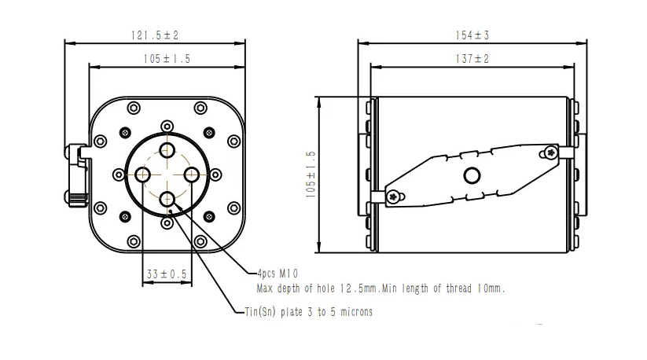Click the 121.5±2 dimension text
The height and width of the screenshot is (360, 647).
point(155,35)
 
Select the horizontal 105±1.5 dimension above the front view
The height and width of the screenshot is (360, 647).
point(167,59)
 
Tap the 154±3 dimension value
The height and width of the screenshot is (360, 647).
point(472,35)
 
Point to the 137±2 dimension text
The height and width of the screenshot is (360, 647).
point(472,59)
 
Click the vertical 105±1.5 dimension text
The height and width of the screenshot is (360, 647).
point(311,174)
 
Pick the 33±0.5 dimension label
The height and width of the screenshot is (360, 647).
point(167,274)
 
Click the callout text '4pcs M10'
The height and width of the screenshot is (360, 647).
point(278,274)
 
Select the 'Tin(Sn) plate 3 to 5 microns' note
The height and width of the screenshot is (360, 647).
point(309,312)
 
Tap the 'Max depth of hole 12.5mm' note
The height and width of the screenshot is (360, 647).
point(317,288)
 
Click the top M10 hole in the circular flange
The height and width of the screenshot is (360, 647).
point(167,150)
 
